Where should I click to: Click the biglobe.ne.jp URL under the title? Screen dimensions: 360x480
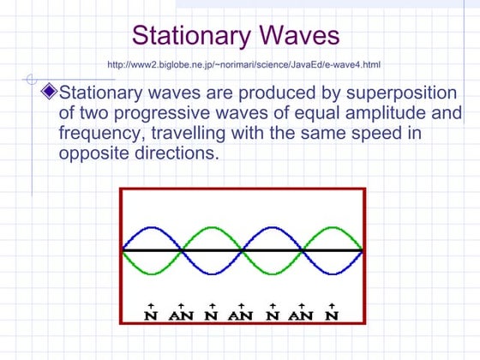coord(244,64)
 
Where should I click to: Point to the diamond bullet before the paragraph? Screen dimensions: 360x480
coord(49,90)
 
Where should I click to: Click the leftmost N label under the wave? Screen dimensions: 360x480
coord(152,315)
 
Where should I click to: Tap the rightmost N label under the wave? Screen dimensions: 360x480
coord(333,315)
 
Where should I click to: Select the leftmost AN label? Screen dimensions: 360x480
coord(181,315)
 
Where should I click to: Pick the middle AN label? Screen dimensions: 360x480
coord(241,315)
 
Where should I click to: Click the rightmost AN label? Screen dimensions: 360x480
coord(301,315)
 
